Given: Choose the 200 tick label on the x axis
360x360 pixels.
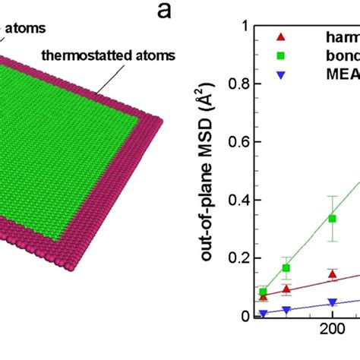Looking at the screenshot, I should tap(331, 330).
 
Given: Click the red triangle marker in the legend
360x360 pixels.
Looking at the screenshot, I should tap(283, 36).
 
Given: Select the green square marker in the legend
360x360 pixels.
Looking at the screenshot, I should tap(283, 54).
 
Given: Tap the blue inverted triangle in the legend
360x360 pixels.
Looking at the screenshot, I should tap(283, 72).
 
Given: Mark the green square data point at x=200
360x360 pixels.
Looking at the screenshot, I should tap(332, 219).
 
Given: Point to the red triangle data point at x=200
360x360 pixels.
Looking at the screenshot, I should tap(332, 274).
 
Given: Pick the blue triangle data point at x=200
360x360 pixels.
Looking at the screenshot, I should tap(332, 302).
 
